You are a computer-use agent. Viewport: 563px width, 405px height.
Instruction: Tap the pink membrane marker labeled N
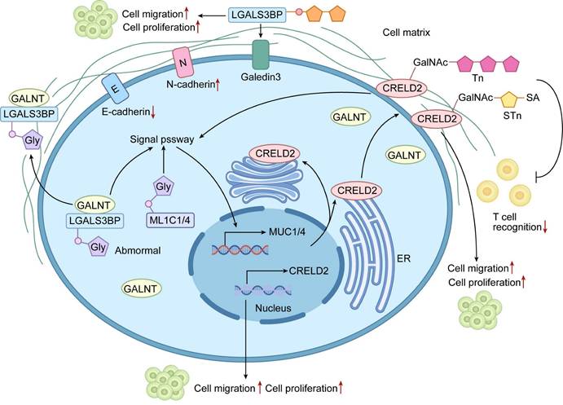(182, 59)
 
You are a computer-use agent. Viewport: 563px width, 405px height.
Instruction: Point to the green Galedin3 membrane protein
(260, 54)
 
